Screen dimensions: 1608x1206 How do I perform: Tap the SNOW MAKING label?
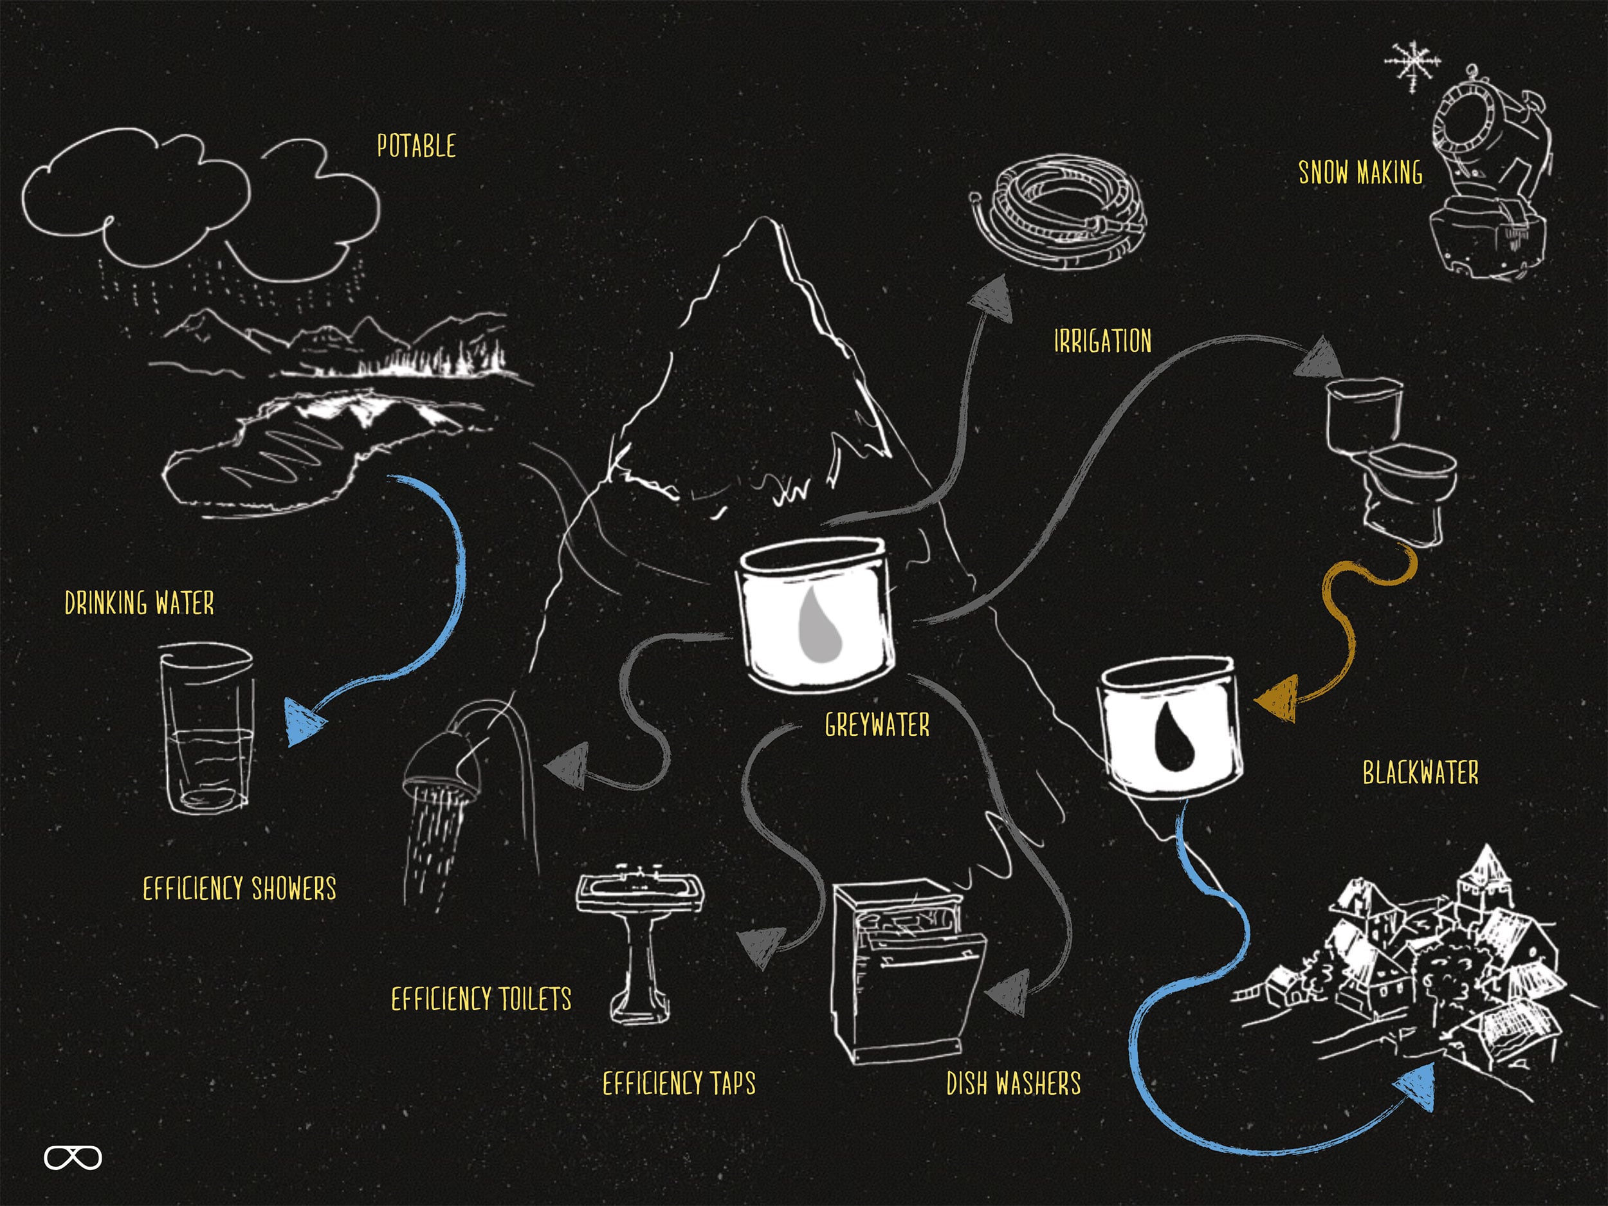click(1360, 173)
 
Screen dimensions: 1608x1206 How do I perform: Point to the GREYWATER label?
click(877, 725)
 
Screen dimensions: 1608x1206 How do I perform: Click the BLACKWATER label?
click(1420, 772)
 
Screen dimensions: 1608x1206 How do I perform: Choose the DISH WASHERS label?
click(1013, 1083)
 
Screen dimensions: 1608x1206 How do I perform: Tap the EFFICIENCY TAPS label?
click(679, 1083)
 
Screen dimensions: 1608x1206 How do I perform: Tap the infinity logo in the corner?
click(73, 1158)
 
